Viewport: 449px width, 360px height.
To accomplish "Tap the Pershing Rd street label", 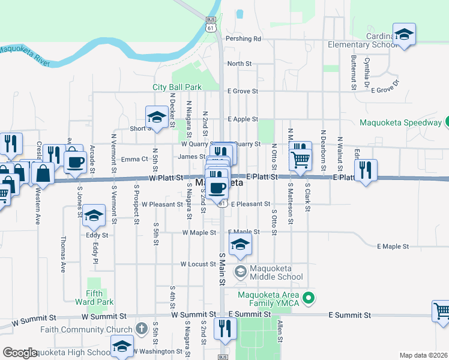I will point(243,39).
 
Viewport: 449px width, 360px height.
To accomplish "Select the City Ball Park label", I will point(176,87).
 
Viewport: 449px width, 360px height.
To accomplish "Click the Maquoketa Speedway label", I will point(400,123).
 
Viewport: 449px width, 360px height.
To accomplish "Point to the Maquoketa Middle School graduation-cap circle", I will point(240,272).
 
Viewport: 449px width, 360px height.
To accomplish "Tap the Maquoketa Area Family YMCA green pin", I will point(309,298).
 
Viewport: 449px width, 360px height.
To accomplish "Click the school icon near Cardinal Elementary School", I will point(405,35).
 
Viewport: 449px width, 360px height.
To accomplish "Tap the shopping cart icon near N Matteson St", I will point(300,158).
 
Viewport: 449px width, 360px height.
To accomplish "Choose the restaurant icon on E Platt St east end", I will point(365,169).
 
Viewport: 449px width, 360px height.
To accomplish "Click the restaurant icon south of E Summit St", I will point(225,328).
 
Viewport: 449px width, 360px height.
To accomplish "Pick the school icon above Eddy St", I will point(94,217).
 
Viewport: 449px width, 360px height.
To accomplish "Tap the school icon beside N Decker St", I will point(157,117).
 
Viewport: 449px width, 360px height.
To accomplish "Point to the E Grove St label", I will point(243,92).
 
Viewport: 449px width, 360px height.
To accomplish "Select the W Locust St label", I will point(197,264).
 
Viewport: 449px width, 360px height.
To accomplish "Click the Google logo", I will point(20,353).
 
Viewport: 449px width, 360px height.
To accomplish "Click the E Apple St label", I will point(243,119).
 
